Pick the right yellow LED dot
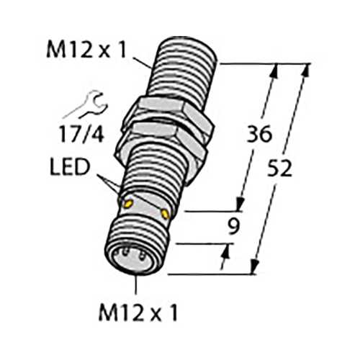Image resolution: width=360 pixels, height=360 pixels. coord(165,214)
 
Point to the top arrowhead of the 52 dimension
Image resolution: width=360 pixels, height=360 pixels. coord(307,69)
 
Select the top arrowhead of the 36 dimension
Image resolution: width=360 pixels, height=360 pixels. coord(274,69)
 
